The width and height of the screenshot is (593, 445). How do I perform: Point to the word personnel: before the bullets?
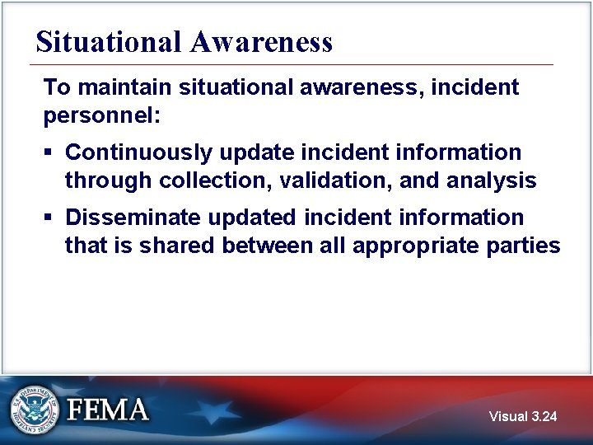coord(103,115)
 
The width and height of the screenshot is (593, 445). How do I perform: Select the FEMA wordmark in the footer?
coord(109,410)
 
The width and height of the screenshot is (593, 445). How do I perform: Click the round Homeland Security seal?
coord(35,410)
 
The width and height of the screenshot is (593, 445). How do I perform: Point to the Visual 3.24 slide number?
coord(522,417)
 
